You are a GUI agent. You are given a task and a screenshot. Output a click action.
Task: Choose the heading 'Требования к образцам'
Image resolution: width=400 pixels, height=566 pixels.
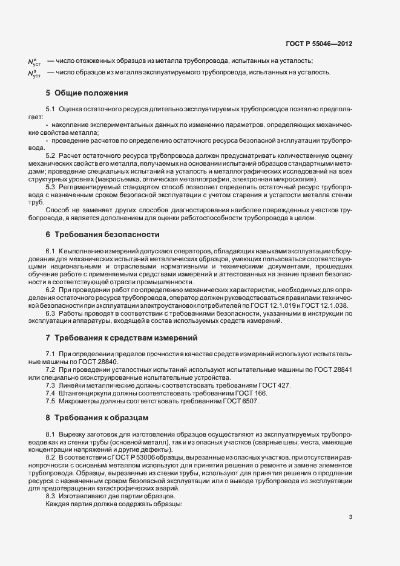(100, 418)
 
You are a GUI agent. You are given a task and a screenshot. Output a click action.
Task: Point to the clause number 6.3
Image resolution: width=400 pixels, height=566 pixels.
(51, 313)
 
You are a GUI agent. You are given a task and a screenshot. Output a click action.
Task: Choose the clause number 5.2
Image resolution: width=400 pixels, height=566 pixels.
(51, 155)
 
